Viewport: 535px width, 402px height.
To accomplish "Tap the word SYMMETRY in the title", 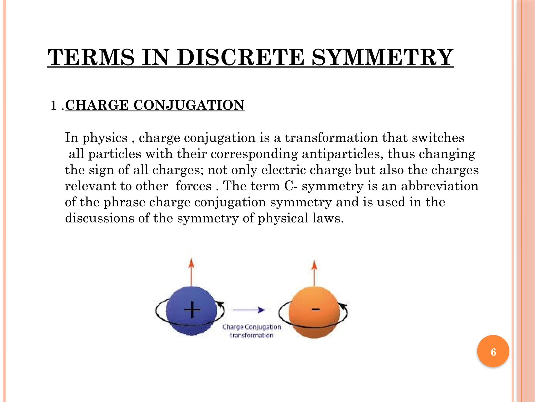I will click(x=382, y=57).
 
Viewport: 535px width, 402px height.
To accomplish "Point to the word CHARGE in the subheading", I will click(x=97, y=105).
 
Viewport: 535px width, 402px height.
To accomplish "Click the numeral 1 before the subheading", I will click(x=54, y=106).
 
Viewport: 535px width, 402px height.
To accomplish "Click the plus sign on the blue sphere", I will click(x=192, y=310).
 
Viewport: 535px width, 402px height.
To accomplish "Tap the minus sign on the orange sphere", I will click(x=316, y=309).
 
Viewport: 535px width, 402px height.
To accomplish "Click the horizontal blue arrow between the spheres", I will click(x=249, y=310).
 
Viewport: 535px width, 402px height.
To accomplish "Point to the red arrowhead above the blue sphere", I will click(x=191, y=263).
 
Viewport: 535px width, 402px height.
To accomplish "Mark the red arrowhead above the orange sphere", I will click(x=315, y=265).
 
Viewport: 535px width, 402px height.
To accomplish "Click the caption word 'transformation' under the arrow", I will click(x=252, y=336).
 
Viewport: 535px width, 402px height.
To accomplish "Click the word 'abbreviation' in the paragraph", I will click(x=440, y=186).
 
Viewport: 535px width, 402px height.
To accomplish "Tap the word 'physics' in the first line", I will click(x=105, y=138).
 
